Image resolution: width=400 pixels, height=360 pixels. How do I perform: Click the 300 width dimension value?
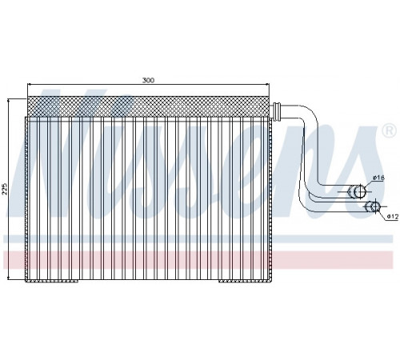point(148,80)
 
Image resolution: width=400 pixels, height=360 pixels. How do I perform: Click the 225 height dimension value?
point(5,189)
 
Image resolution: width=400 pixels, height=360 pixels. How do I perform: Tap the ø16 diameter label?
point(378,178)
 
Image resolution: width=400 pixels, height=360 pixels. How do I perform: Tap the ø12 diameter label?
point(393,217)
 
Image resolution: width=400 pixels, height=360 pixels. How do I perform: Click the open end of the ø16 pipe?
point(360,191)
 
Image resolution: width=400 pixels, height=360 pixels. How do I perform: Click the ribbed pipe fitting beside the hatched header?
point(277,110)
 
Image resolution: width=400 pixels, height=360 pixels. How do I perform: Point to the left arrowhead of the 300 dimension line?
point(30,84)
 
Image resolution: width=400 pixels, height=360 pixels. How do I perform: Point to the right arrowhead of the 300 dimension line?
point(267,84)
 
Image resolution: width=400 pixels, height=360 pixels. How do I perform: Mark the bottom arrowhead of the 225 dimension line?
point(9,278)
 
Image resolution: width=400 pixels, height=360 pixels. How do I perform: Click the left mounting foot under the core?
point(51,281)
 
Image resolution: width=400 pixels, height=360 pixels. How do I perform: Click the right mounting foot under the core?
point(246,281)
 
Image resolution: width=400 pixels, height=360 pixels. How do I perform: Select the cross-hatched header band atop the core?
point(148,106)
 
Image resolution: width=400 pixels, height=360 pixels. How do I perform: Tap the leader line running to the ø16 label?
point(369,184)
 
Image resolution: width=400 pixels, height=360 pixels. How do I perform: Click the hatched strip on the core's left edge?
point(26,198)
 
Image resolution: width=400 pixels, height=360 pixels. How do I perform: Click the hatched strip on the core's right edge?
point(270,198)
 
